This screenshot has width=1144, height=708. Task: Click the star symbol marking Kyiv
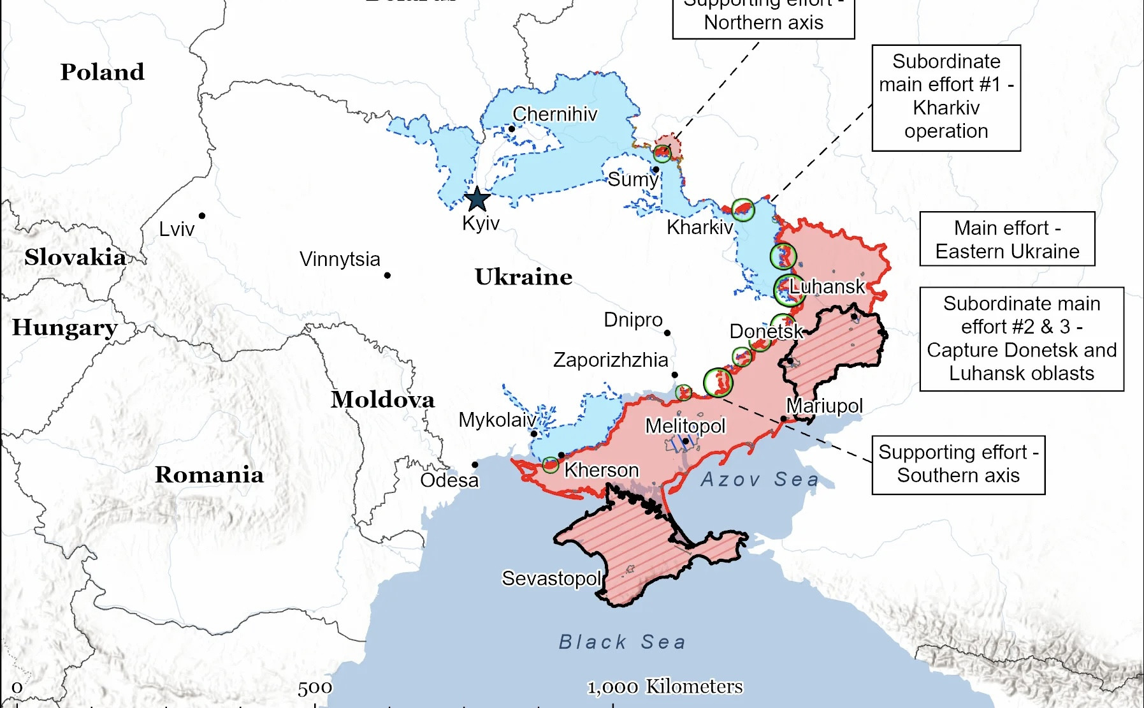coord(477,199)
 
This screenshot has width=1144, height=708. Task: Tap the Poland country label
coord(102,72)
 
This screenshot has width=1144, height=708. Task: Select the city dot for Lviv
coord(202,216)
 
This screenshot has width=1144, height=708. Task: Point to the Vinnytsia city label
coord(340,259)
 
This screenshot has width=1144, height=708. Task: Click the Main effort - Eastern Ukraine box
coord(1007,239)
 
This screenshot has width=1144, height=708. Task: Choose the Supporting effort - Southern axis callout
coord(958,464)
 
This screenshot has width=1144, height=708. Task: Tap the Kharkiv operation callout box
coord(946,97)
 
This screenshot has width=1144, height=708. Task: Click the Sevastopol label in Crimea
coord(551,579)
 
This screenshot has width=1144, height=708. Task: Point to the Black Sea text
coord(622,642)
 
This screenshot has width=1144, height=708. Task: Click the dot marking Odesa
coord(475,464)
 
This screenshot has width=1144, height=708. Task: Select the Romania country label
coord(209,475)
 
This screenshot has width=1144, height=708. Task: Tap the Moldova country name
coord(382,400)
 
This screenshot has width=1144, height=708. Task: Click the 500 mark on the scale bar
coord(315,688)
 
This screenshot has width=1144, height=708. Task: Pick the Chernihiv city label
coord(554,114)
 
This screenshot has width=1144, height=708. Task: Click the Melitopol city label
coord(685,425)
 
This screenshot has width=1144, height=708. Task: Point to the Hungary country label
coord(64,328)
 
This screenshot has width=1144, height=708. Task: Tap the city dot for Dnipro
coord(667,333)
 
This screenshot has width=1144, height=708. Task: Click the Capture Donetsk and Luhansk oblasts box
coord(1021,339)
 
